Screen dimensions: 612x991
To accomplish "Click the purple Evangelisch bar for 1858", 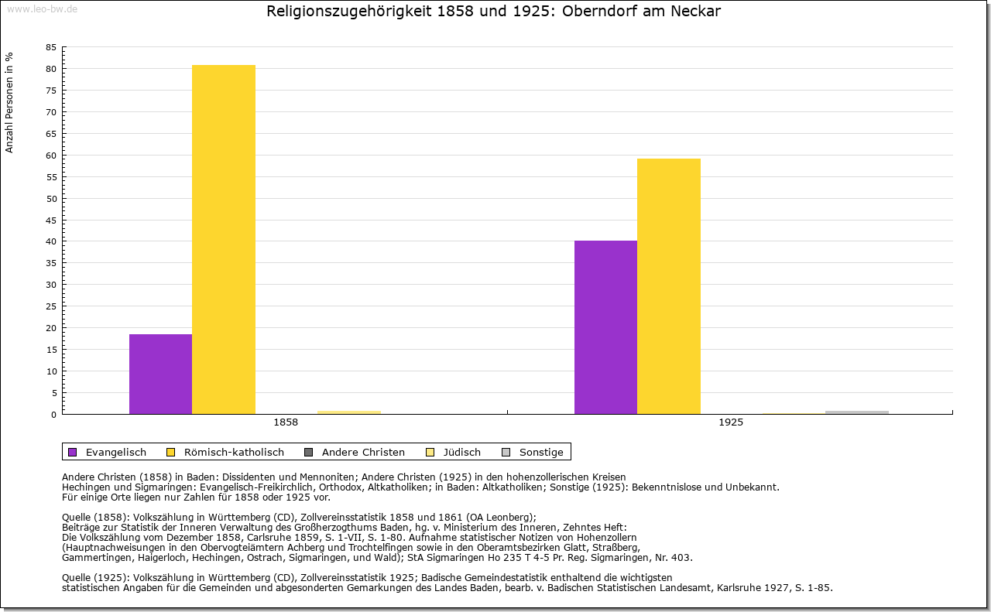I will click(x=160, y=374).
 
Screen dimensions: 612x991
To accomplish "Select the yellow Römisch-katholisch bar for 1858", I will click(x=224, y=239).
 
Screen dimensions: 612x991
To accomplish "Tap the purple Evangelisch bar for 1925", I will click(x=605, y=327).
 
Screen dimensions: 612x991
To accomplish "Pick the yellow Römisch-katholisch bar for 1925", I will click(x=669, y=286).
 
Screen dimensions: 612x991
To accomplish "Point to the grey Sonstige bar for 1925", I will click(x=857, y=412).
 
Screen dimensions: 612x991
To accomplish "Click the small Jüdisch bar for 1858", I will click(x=349, y=412).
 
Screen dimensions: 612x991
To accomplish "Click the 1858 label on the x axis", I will click(x=286, y=422).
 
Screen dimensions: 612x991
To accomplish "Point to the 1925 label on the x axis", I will click(x=731, y=422).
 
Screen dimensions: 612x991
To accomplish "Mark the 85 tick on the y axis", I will click(x=51, y=47).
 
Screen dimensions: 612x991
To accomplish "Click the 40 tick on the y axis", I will click(x=51, y=241).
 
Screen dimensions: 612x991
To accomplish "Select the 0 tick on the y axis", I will click(x=53, y=414).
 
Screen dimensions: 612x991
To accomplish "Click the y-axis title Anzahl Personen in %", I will click(x=10, y=102).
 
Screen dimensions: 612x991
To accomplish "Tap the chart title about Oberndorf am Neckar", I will click(x=494, y=12).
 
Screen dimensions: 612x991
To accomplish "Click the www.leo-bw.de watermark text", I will click(x=41, y=9).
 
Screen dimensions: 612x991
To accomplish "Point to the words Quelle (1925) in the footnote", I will click(x=96, y=577).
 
